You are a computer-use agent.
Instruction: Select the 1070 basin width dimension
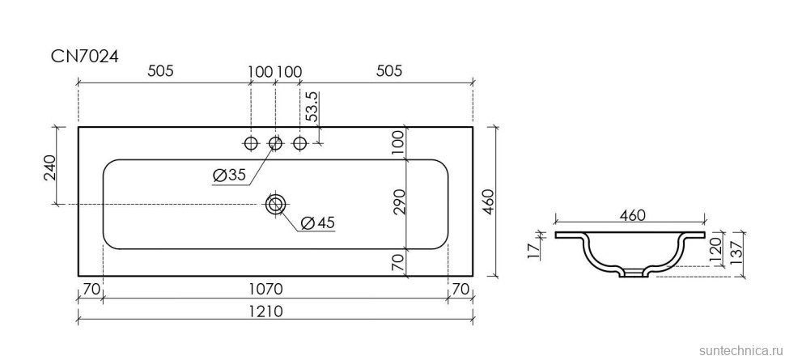(275, 288)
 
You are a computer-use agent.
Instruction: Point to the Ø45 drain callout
(317, 222)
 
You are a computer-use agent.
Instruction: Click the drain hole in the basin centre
(276, 204)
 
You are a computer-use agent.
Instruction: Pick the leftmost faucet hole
(251, 144)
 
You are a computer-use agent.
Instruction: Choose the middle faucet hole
(275, 144)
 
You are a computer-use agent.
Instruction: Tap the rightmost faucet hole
(300, 144)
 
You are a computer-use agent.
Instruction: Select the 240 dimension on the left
(50, 167)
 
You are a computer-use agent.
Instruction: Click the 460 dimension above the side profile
(631, 216)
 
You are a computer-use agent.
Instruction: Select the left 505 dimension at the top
(161, 71)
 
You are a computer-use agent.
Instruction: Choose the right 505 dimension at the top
(389, 71)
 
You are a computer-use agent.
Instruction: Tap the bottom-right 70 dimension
(460, 288)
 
